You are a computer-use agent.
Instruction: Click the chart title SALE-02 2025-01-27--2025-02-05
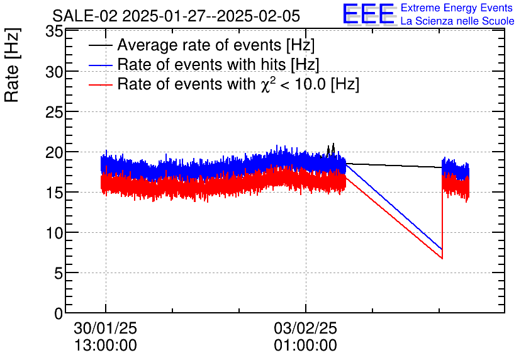tap(176, 15)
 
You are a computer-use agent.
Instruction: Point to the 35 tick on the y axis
tap(55, 32)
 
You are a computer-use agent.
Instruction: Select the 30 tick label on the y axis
tap(55, 72)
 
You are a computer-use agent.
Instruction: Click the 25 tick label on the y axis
tap(55, 112)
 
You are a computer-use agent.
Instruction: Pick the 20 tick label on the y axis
tap(55, 152)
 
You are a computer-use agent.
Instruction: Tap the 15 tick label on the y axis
tap(55, 193)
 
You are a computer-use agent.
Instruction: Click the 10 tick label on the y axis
tap(55, 233)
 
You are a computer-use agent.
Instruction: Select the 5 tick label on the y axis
tap(59, 273)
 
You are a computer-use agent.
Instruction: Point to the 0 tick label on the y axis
tap(59, 313)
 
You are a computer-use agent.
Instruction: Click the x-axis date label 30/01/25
tap(105, 329)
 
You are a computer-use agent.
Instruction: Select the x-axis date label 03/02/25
tap(305, 329)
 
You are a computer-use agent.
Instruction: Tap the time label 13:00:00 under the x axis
tap(105, 346)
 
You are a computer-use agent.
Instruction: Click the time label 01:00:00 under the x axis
tap(305, 346)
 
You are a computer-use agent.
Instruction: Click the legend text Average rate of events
tap(216, 46)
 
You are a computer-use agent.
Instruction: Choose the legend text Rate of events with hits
tap(218, 65)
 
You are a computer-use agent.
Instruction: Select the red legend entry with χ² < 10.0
tap(238, 84)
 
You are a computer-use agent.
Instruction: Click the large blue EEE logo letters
tap(368, 14)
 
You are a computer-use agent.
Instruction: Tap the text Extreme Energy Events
tap(457, 8)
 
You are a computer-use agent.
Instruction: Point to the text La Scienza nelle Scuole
tap(457, 21)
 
